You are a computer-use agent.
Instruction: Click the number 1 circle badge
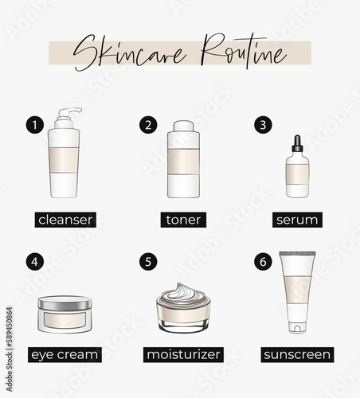tap(35, 125)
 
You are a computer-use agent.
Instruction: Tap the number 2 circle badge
tap(148, 125)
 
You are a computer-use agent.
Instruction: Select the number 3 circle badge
tap(263, 125)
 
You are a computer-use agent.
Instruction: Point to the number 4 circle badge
tap(35, 262)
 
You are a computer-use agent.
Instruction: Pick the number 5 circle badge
tap(148, 262)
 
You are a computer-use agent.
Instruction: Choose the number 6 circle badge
tap(263, 262)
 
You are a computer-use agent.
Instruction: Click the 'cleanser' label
tap(65, 220)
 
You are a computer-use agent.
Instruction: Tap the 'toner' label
tap(183, 220)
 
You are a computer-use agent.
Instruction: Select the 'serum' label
tap(297, 220)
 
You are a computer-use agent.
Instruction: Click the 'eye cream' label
tap(65, 354)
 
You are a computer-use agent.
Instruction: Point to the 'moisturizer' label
tap(183, 354)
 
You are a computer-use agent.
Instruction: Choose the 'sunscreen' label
tap(297, 354)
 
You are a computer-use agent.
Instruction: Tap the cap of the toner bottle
tap(183, 127)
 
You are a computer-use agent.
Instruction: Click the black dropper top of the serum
tap(297, 143)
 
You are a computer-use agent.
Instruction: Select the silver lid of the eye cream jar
tap(65, 303)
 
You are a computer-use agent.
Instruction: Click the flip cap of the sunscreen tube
tap(297, 327)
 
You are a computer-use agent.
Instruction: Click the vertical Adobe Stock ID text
tap(10, 349)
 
